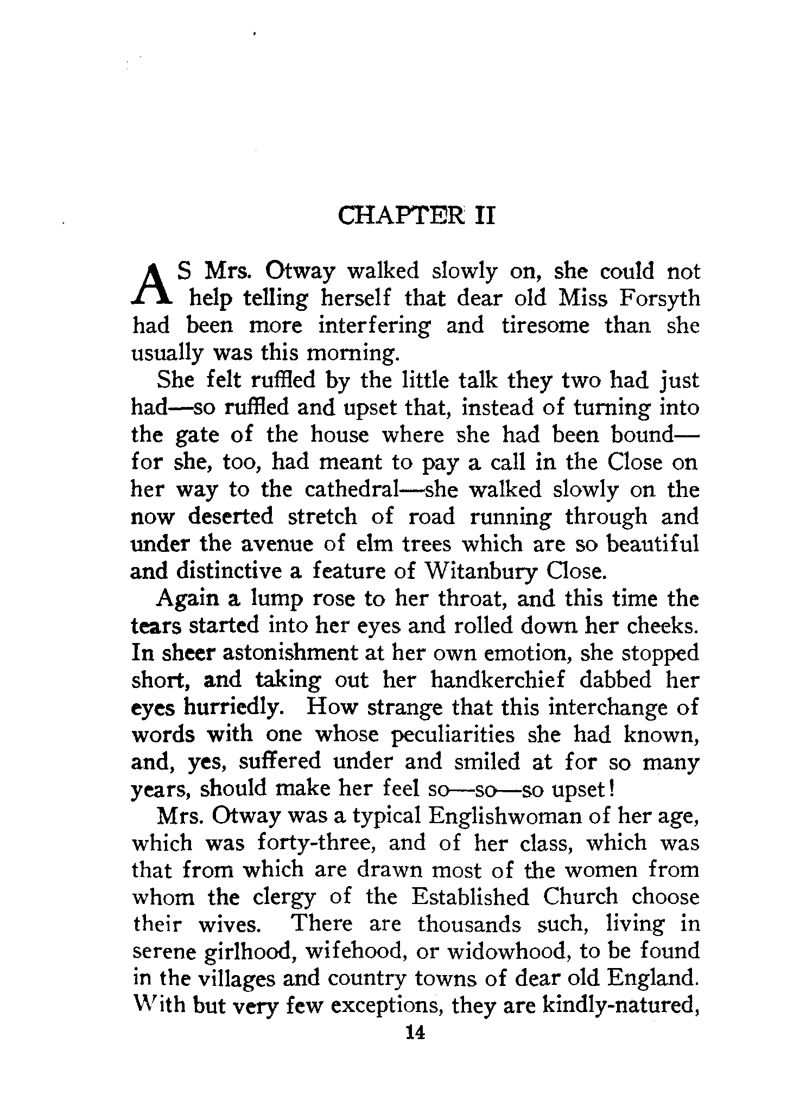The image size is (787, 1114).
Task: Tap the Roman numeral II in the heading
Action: click(484, 215)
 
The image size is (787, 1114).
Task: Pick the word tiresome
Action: click(544, 326)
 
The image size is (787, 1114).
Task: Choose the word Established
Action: click(469, 897)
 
